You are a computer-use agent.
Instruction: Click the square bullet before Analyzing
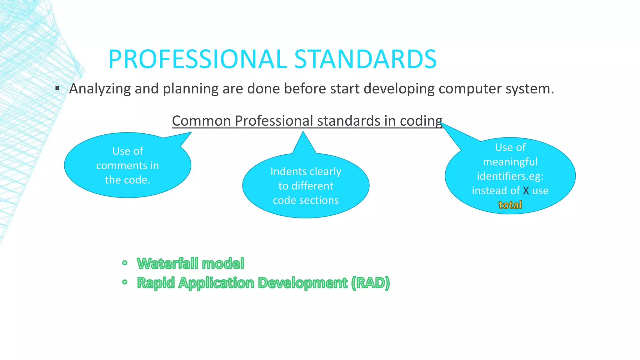point(57,89)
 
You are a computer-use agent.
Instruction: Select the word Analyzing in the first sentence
point(100,89)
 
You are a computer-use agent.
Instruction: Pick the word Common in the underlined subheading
point(201,121)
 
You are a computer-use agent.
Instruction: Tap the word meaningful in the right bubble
point(510,162)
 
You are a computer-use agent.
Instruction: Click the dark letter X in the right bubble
point(526,191)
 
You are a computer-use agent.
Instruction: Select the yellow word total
point(510,205)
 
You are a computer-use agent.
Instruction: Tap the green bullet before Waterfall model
point(125,263)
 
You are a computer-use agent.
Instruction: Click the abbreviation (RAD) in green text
point(370,283)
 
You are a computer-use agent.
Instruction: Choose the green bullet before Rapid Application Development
point(125,282)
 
